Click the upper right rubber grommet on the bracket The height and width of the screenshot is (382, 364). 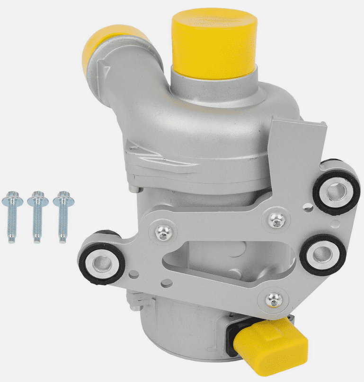(337, 191)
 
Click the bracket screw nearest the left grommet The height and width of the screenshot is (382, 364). (164, 233)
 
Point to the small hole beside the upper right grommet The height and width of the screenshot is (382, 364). (308, 206)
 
